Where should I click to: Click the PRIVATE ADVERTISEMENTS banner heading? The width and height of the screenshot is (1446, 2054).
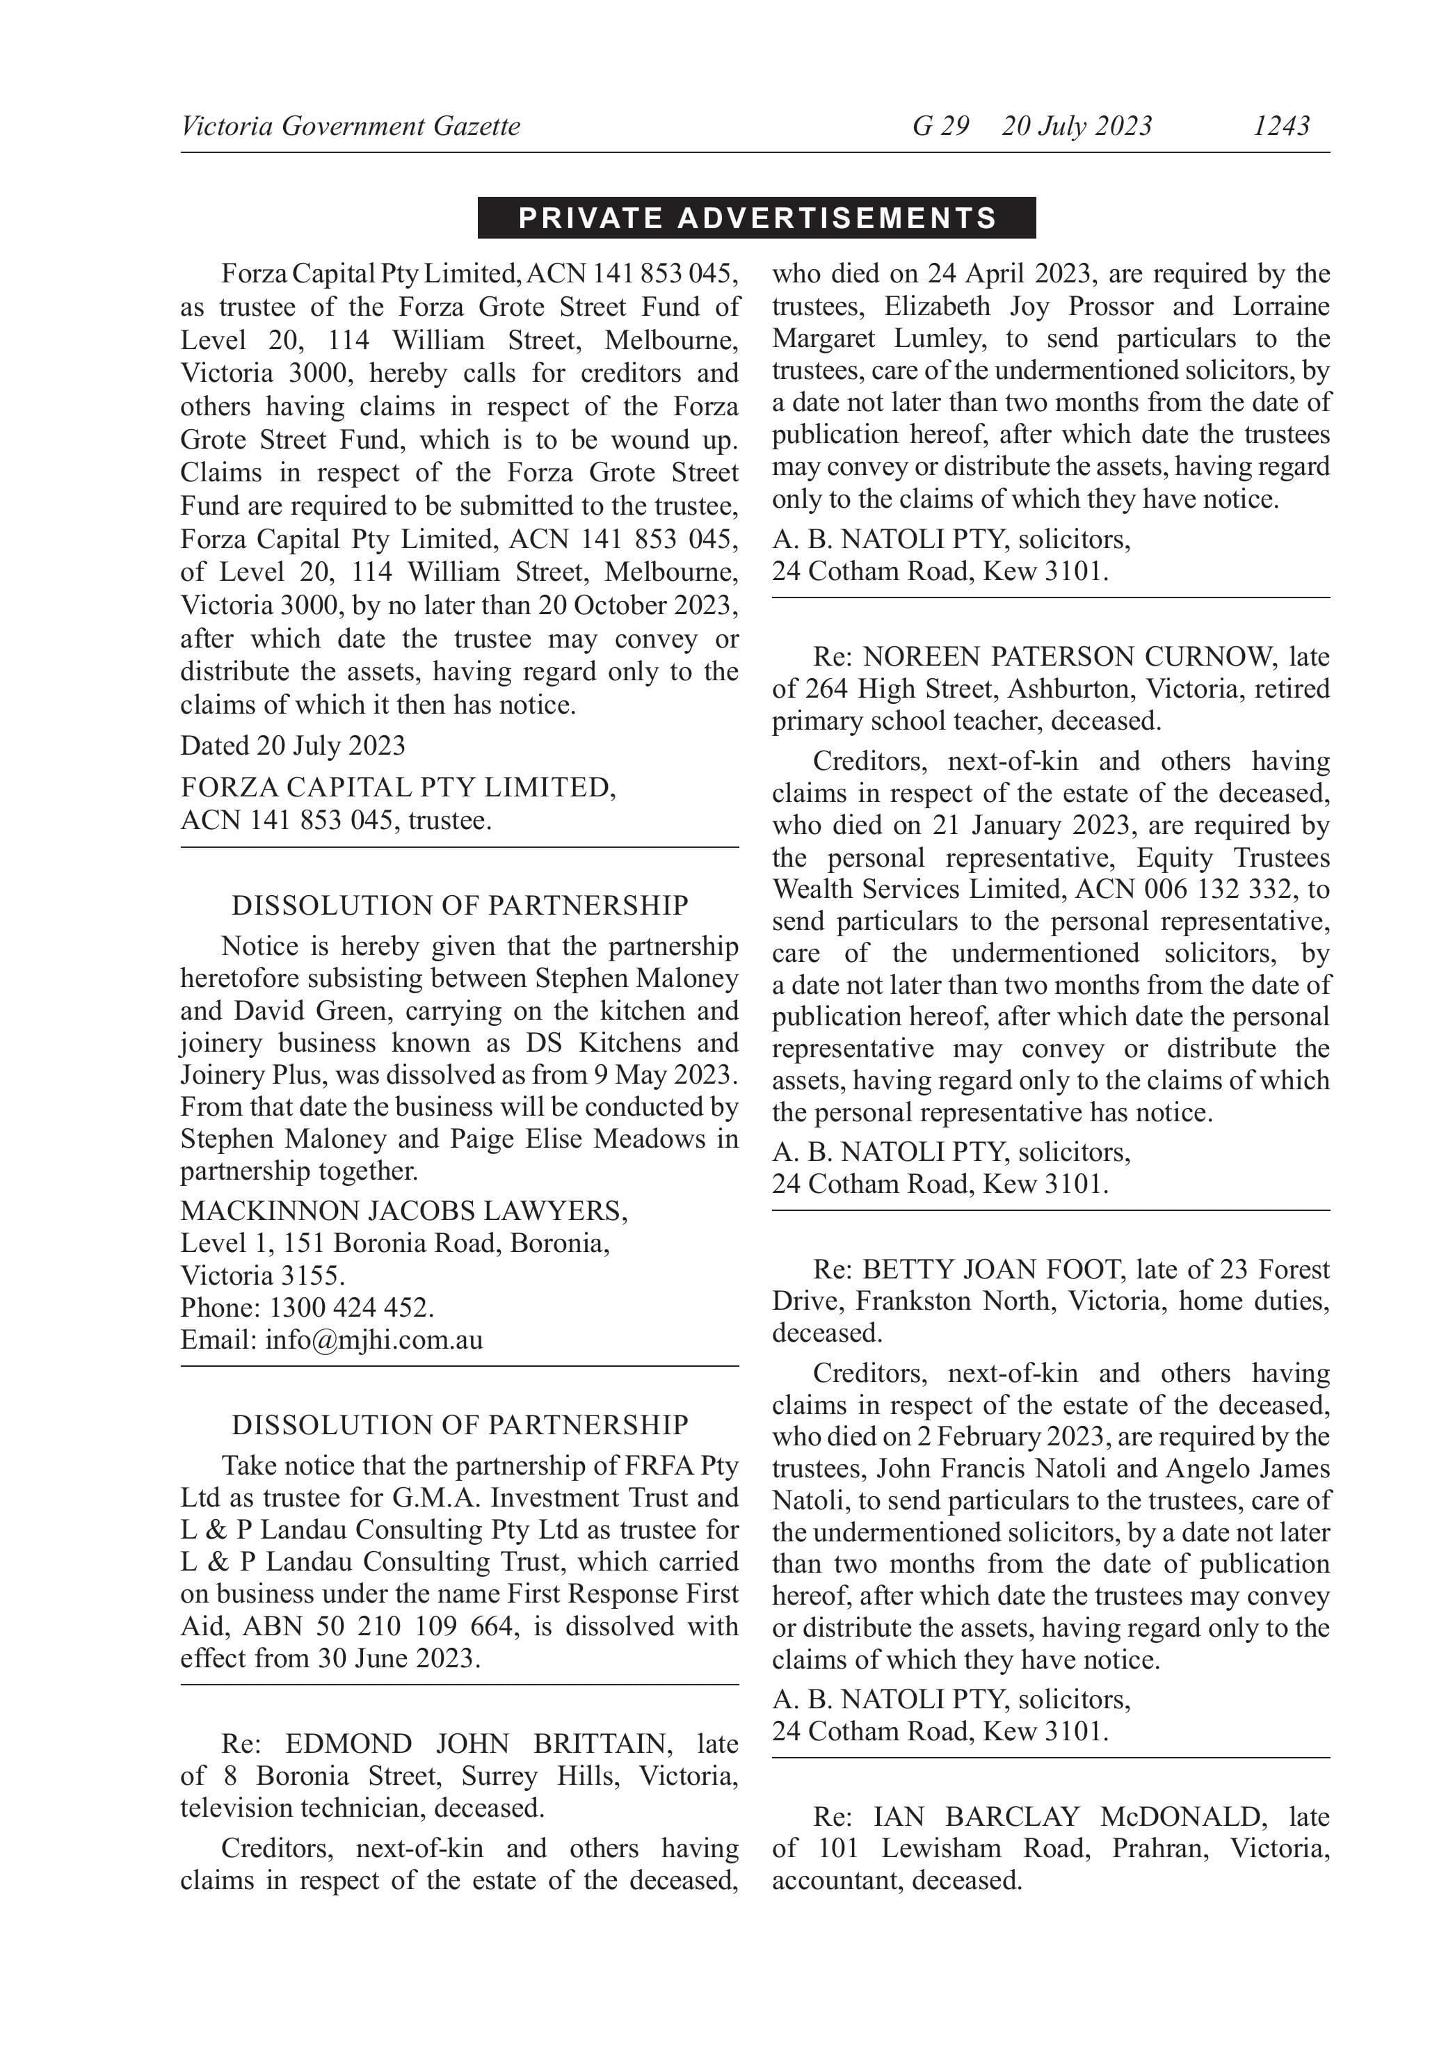pyautogui.click(x=757, y=218)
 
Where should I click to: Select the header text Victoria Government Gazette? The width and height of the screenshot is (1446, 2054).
pyautogui.click(x=350, y=125)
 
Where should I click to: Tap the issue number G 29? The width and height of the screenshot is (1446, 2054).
pyautogui.click(x=940, y=125)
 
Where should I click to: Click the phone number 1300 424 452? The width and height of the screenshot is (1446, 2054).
pyautogui.click(x=351, y=1307)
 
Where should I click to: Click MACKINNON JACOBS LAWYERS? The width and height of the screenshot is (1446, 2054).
pyautogui.click(x=403, y=1210)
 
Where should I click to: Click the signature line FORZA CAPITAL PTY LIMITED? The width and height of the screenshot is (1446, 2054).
pyautogui.click(x=397, y=787)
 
